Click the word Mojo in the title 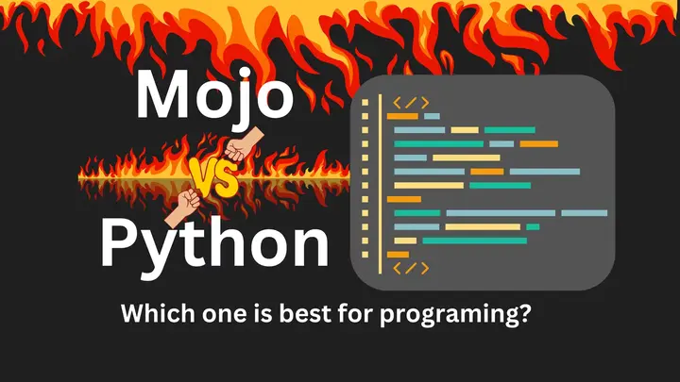pyautogui.click(x=214, y=96)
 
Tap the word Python pyautogui.click(x=214, y=243)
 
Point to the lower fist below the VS pyautogui.click(x=186, y=201)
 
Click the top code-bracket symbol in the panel pyautogui.click(x=411, y=103)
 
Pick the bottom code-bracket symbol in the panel pyautogui.click(x=411, y=269)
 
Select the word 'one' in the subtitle pyautogui.click(x=232, y=315)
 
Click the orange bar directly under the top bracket pyautogui.click(x=402, y=116)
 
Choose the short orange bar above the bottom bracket pyautogui.click(x=399, y=254)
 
